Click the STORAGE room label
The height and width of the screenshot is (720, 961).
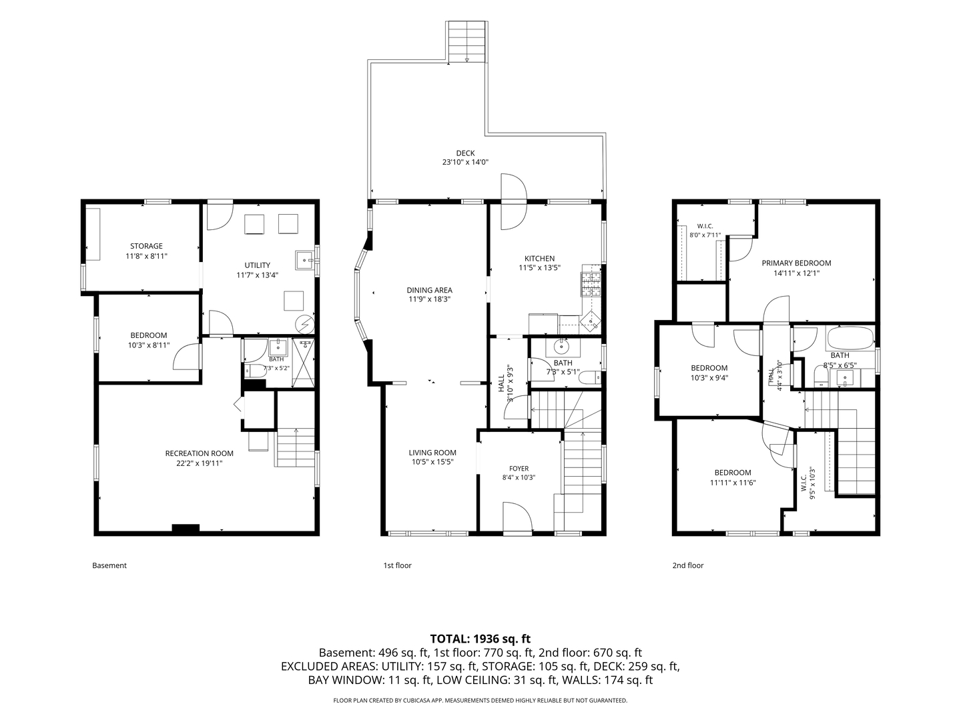click(x=146, y=246)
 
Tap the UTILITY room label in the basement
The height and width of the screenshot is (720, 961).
click(x=258, y=265)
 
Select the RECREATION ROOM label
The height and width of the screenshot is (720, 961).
click(x=199, y=454)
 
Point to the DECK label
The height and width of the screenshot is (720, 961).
click(x=465, y=153)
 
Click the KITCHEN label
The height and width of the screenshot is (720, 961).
click(x=540, y=259)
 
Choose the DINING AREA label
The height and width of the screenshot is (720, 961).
click(x=430, y=290)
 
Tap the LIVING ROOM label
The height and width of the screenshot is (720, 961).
click(x=432, y=453)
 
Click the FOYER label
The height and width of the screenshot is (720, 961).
click(x=519, y=469)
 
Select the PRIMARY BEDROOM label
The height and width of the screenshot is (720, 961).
click(x=796, y=263)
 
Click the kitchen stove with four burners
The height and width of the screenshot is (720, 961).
click(x=591, y=285)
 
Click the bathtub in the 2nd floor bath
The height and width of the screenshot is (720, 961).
click(x=850, y=337)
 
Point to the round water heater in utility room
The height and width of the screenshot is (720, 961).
click(x=305, y=325)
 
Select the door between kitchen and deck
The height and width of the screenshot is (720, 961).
click(x=514, y=201)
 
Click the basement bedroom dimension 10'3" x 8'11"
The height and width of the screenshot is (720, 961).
click(x=149, y=345)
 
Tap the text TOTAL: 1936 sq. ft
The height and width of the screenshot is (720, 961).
click(x=480, y=639)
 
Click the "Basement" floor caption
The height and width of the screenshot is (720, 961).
click(x=109, y=565)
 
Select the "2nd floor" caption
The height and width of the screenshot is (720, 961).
click(x=688, y=565)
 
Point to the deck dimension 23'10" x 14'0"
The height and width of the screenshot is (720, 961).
click(x=465, y=162)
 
